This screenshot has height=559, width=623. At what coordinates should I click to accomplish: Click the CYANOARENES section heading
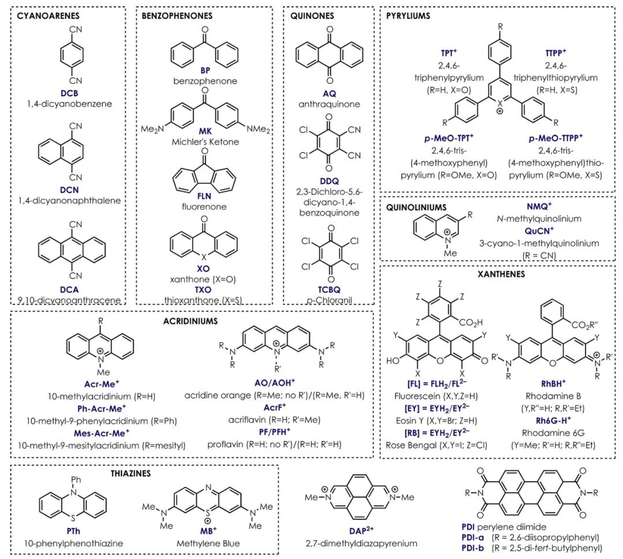pyautogui.click(x=48, y=16)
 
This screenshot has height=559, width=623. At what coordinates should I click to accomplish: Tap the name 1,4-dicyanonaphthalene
pyautogui.click(x=69, y=200)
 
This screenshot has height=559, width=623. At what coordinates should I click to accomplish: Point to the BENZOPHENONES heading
pyautogui.click(x=177, y=16)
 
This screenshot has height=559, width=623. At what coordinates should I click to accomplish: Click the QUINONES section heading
pyautogui.click(x=313, y=16)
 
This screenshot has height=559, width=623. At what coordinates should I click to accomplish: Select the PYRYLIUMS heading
pyautogui.click(x=408, y=16)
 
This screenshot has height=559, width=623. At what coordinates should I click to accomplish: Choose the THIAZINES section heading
pyautogui.click(x=130, y=473)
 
